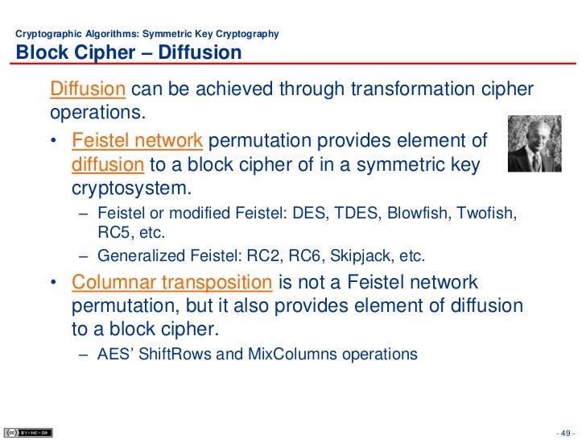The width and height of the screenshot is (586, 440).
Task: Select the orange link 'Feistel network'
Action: click(x=137, y=142)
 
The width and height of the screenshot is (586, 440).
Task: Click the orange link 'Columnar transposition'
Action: click(x=171, y=284)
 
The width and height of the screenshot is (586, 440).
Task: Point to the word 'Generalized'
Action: click(x=136, y=256)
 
